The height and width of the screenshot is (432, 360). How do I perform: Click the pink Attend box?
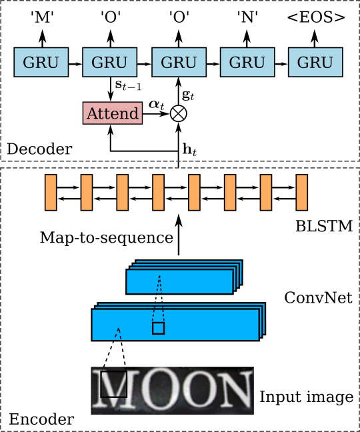point(113,113)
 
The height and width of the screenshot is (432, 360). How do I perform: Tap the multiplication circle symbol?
point(178,113)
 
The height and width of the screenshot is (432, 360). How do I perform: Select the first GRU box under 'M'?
point(41,62)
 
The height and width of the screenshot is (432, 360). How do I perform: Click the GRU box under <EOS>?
point(315,62)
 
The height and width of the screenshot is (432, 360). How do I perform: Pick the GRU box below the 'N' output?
point(247,62)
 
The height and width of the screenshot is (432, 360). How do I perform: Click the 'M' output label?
point(41,19)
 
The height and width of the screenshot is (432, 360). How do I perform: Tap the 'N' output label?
point(247,19)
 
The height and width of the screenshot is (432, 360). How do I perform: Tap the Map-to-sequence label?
point(107,237)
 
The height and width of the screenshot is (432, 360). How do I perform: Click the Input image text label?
point(306,397)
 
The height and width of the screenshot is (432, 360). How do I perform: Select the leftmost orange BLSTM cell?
point(51,191)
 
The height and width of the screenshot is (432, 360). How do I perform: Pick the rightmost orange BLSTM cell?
point(302,191)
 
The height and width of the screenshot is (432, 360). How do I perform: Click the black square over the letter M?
point(113,385)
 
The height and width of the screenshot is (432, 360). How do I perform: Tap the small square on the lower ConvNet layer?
point(158,329)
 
